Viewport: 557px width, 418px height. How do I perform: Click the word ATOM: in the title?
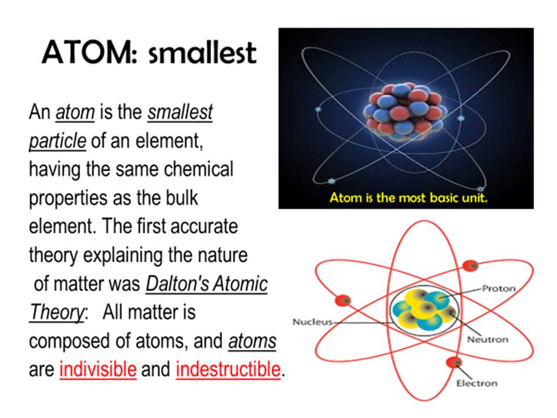(89, 53)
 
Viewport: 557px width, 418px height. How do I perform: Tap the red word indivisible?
(98, 369)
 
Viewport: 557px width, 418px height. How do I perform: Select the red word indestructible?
(228, 369)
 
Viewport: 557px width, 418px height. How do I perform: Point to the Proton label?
(498, 289)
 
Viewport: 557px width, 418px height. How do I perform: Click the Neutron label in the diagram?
(488, 340)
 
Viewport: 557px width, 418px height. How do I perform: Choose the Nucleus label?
(312, 322)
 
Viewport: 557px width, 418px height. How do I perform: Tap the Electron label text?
(477, 384)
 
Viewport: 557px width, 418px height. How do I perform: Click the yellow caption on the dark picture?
(408, 197)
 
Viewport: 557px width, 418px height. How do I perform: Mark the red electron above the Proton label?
(471, 266)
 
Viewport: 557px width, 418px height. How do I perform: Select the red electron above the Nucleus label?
(343, 301)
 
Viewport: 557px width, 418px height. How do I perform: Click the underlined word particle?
(57, 141)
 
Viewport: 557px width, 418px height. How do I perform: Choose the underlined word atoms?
(252, 341)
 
